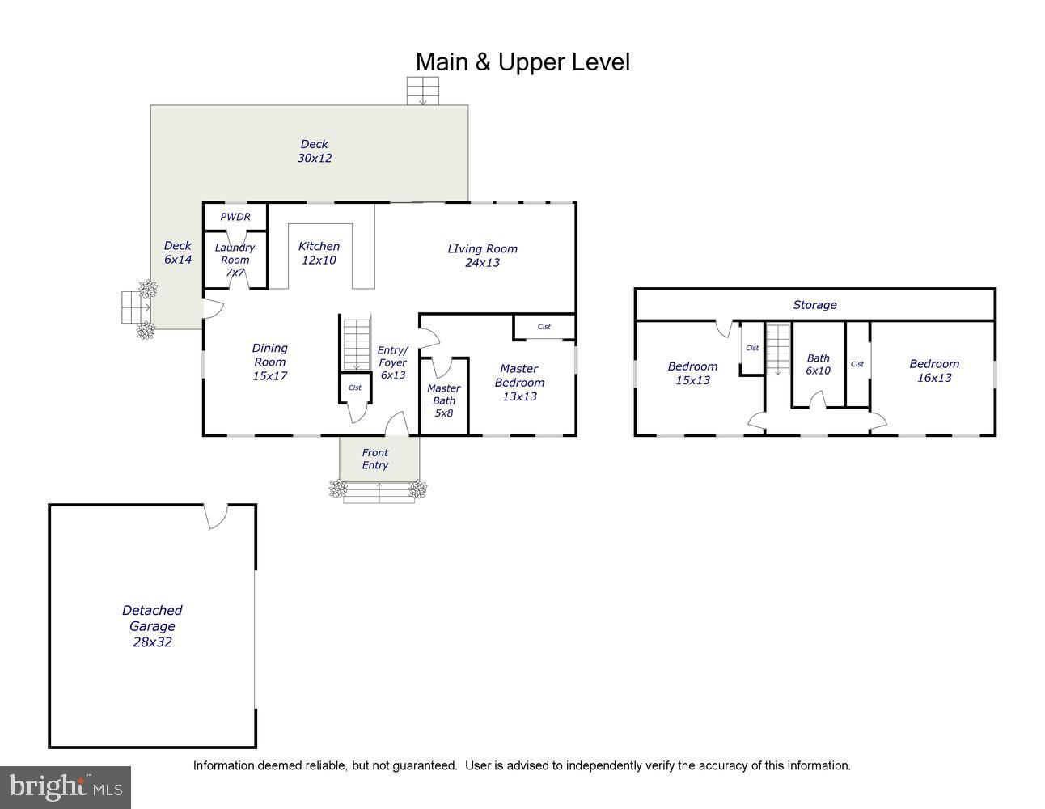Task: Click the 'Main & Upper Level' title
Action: coord(522,62)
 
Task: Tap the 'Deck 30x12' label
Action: coord(315,151)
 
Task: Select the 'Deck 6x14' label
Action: coord(178,252)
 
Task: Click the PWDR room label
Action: coord(235,217)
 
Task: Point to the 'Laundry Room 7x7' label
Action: coord(235,260)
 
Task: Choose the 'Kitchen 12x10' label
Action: coord(319,253)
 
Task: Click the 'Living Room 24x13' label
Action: coord(482,256)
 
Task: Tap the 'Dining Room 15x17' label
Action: coord(270,362)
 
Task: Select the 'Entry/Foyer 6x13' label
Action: coord(392,362)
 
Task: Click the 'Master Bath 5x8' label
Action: coord(443,400)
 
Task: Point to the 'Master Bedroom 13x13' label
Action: coord(519,383)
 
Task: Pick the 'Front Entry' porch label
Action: coord(375,459)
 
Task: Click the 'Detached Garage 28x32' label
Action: coord(152,625)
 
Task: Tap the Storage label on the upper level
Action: coord(814,304)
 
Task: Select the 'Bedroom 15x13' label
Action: coord(692,373)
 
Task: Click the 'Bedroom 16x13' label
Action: coord(934,371)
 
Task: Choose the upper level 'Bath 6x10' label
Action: coord(818,364)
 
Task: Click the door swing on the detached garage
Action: coord(216,517)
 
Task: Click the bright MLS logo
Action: coord(66,787)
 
